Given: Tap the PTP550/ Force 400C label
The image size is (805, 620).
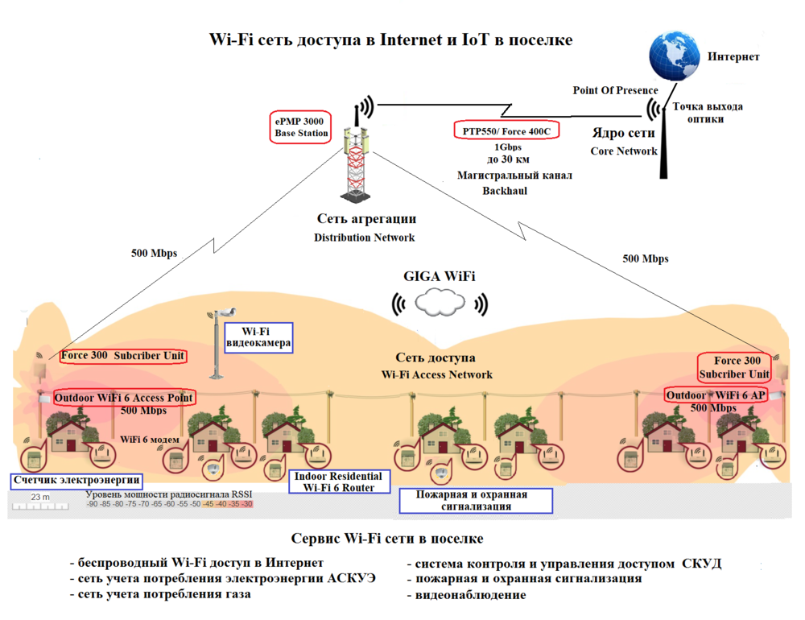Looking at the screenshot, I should click(507, 130).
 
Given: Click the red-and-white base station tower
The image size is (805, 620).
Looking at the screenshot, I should click(354, 165).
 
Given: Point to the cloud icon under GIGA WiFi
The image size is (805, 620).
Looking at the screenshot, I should click(440, 303).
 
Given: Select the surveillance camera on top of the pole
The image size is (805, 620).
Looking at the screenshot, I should click(226, 312).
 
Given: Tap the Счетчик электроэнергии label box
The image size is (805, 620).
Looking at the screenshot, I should click(76, 481).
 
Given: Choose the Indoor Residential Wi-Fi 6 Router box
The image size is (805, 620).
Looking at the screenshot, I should click(337, 482).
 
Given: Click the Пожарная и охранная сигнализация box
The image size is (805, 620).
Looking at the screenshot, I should click(477, 500).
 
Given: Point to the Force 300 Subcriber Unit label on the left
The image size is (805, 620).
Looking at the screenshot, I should click(122, 356).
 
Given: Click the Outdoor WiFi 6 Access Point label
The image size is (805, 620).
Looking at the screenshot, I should click(124, 398).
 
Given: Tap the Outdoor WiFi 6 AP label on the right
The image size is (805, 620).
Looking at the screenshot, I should click(716, 395).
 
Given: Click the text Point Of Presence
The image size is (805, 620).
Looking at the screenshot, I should click(615, 90).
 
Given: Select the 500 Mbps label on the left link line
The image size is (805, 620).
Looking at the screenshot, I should click(154, 253).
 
